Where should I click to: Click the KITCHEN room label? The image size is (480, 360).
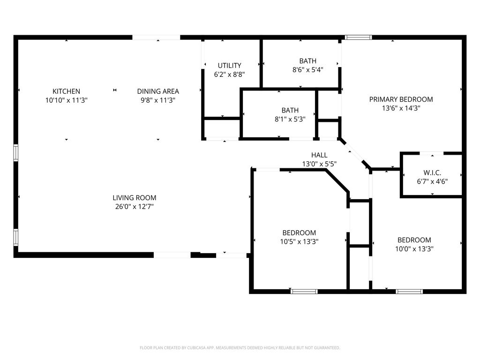click(x=66, y=91)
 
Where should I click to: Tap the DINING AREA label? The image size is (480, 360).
click(x=158, y=91)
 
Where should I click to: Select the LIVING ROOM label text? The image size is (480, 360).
click(x=135, y=198)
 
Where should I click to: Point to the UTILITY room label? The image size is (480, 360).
click(x=229, y=66)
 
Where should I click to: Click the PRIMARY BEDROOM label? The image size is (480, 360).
click(x=401, y=99)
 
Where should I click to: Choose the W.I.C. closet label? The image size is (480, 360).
click(x=432, y=172)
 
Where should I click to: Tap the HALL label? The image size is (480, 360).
click(x=319, y=155)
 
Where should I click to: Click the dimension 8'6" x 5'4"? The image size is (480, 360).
click(x=307, y=69)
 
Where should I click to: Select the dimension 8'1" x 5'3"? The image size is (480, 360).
click(x=290, y=119)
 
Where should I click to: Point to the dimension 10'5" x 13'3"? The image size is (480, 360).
click(x=299, y=241)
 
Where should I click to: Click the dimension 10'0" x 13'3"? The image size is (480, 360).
click(x=414, y=249)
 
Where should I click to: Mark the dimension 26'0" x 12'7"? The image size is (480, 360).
click(x=135, y=206)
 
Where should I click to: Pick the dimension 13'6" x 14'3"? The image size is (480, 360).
click(x=401, y=108)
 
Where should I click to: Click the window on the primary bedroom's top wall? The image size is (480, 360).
click(x=358, y=37)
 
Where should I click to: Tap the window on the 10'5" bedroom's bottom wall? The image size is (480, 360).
click(x=304, y=292)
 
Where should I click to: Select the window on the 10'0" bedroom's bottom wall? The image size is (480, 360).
click(x=409, y=292)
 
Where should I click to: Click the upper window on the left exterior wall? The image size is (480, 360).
click(x=15, y=153)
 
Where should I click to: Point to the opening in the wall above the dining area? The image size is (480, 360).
click(x=156, y=37)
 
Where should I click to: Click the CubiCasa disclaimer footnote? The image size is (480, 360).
click(x=240, y=348)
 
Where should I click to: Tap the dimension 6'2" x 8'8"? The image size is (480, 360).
click(x=229, y=74)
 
